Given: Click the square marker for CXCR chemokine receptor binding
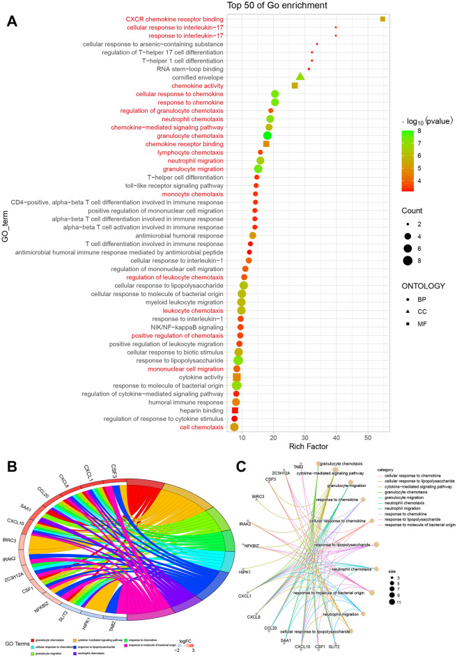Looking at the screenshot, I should click(x=382, y=19).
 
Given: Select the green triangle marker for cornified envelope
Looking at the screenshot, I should click(x=300, y=77).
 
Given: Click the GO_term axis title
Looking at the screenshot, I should click(x=6, y=223).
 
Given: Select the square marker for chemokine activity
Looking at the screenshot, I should click(x=295, y=86).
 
